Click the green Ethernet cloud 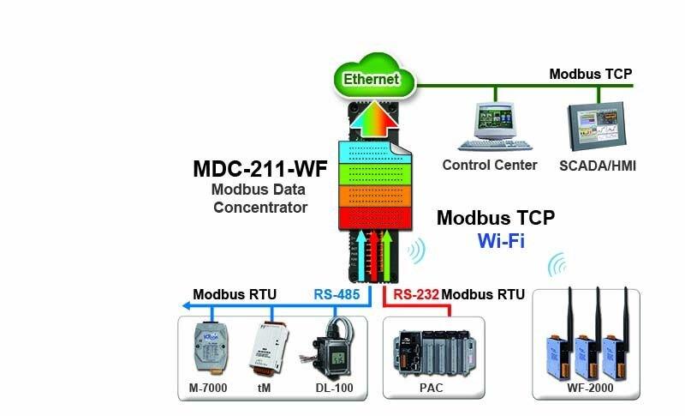(x=372, y=79)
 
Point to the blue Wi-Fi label (x=501, y=240)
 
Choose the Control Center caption (x=489, y=165)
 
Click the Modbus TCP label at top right (x=590, y=74)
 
